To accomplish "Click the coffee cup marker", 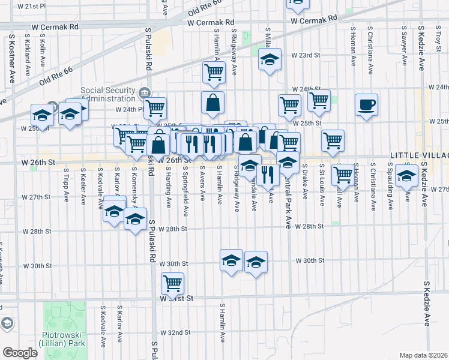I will [366, 106].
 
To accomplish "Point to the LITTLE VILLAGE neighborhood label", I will [419, 155].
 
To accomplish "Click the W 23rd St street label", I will [307, 55].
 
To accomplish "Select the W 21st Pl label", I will [32, 6].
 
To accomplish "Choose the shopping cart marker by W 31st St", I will [173, 283].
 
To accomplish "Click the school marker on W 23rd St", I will [270, 60].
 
